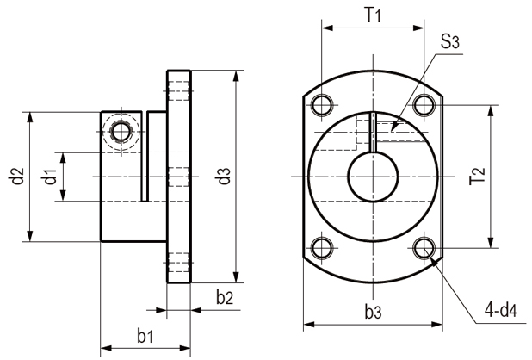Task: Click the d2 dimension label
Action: coord(15,177)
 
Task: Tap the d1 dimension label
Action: coord(51,177)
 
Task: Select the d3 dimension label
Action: coord(223,177)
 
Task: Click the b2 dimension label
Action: coord(225,298)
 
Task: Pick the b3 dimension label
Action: coord(372,312)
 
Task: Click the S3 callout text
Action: coord(448,41)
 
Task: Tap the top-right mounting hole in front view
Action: coord(422,105)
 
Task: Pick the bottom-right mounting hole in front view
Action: coord(422,248)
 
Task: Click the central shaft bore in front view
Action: coord(372,177)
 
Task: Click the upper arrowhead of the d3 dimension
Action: coord(236,75)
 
